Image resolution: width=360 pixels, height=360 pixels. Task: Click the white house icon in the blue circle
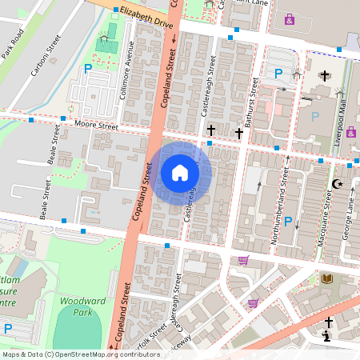tap(180, 173)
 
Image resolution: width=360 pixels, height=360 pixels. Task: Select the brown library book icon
tap(326, 278)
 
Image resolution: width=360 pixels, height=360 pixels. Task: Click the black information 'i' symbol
tap(327, 337)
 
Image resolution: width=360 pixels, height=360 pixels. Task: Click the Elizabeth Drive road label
tap(146, 18)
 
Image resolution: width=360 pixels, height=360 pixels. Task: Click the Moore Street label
tap(95, 126)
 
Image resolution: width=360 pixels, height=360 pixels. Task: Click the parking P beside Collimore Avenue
tap(87, 69)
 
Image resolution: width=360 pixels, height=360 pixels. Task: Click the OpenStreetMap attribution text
tap(70, 354)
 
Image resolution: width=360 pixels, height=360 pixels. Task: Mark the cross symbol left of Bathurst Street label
tap(211, 130)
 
